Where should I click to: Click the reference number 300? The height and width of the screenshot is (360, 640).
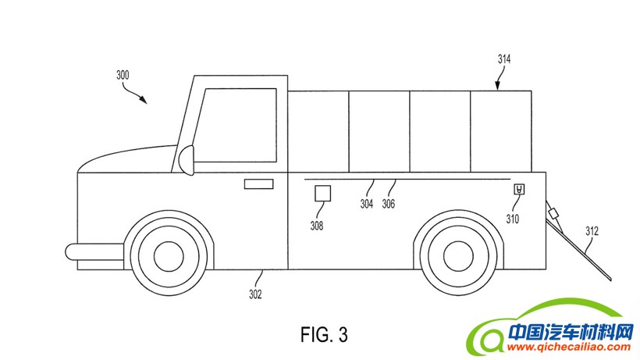[123, 76]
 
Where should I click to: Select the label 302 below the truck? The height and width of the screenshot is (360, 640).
[255, 294]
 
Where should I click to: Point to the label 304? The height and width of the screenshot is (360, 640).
[367, 204]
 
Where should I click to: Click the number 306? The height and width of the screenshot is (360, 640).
[389, 204]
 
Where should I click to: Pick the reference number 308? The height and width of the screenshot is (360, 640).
[317, 226]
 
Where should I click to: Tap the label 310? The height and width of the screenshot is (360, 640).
[512, 219]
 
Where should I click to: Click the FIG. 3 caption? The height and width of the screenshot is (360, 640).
[324, 334]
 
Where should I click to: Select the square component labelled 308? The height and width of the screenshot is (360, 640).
[322, 194]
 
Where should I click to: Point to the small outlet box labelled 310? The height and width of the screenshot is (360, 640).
[518, 189]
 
